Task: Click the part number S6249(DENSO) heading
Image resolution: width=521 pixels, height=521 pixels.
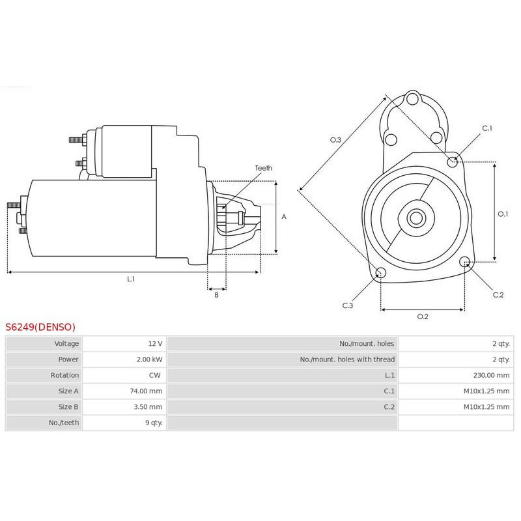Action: pos(40,327)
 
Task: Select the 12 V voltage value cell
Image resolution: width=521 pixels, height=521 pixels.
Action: pos(155,343)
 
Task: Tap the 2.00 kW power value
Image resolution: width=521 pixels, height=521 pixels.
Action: pos(149,359)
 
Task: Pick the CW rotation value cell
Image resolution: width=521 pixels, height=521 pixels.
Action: pos(156,375)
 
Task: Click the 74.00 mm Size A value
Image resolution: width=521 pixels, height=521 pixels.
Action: pos(147,391)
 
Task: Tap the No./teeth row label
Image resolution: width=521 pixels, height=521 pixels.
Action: pos(63,423)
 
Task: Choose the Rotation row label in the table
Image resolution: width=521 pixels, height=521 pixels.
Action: pos(64,375)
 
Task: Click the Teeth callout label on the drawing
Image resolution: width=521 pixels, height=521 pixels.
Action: pos(264,168)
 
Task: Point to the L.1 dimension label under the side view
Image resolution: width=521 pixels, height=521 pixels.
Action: pos(131,279)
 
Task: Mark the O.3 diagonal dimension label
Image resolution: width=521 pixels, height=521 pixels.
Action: pos(336,139)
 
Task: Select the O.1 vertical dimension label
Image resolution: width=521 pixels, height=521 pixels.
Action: pos(503,213)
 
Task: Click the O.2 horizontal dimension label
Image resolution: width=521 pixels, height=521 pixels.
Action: pos(422,317)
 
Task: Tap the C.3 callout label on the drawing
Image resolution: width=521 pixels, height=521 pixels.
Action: pos(348,305)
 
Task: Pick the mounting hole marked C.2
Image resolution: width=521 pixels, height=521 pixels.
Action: pos(464,262)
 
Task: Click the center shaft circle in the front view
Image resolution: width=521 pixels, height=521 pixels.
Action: pos(415,218)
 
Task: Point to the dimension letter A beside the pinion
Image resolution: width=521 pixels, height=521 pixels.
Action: pos(284,217)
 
